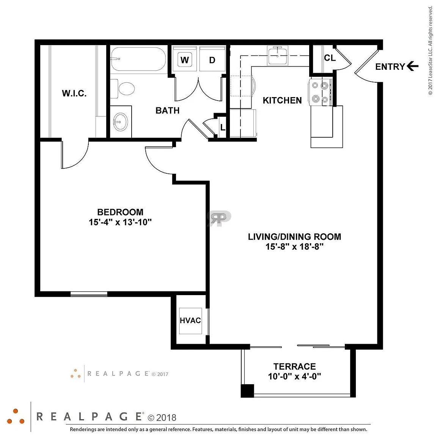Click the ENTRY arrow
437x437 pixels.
[412, 66]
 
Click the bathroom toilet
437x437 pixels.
[123, 89]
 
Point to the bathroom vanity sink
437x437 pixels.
[120, 122]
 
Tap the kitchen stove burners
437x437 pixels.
[320, 92]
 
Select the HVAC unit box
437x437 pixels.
[190, 321]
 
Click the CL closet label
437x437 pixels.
[330, 58]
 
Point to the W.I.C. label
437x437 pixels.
[74, 93]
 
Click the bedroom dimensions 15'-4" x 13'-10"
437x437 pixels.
[120, 222]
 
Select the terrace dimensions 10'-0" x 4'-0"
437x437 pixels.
[295, 376]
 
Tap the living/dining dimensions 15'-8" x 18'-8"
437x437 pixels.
[295, 246]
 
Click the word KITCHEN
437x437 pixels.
[282, 100]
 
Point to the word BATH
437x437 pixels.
[168, 110]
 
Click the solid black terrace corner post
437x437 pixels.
[247, 391]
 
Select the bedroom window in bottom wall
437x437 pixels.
[89, 294]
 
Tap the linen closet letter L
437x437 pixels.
[223, 127]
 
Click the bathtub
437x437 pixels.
[138, 60]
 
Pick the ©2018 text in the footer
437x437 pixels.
[162, 418]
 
